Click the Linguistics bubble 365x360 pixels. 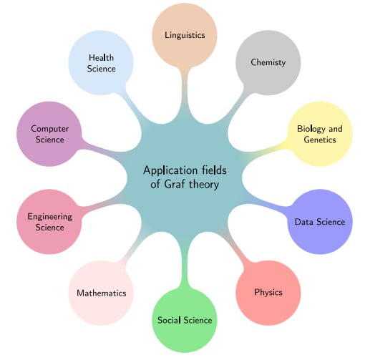(x=185, y=35)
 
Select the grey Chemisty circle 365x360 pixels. (x=268, y=62)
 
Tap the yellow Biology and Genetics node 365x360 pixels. (x=320, y=134)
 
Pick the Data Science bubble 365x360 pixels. (x=320, y=222)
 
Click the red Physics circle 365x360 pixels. (x=268, y=293)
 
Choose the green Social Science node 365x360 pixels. (x=185, y=320)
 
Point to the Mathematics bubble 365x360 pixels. (x=101, y=293)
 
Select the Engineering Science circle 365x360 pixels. (x=49, y=222)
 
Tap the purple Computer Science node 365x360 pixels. (x=49, y=134)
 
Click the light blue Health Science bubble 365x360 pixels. (x=101, y=62)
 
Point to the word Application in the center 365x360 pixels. (x=170, y=171)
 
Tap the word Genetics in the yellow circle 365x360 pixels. (x=320, y=140)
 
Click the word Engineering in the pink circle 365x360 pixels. (x=50, y=217)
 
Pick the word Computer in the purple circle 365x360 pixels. (x=50, y=129)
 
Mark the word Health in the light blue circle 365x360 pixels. (x=102, y=57)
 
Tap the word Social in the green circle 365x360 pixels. (x=169, y=320)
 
